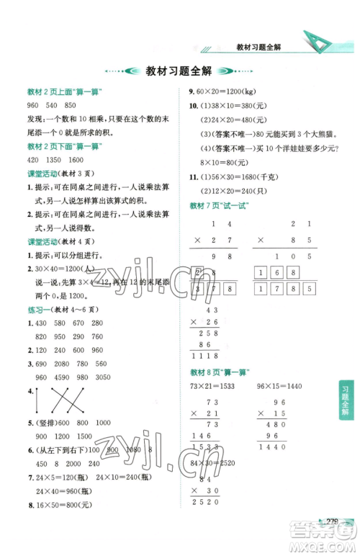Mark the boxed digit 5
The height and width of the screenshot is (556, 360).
pos(308,289)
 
